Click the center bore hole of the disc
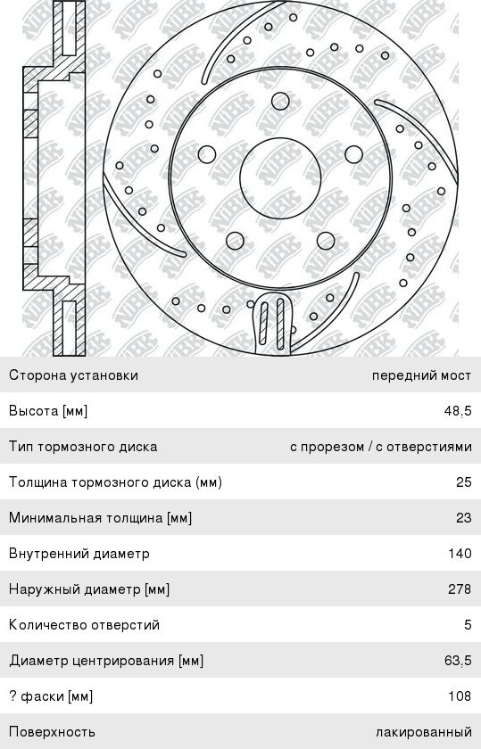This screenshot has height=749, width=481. point(279,178)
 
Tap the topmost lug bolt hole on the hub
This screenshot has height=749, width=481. point(281,102)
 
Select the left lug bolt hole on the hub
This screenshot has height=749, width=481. point(206,154)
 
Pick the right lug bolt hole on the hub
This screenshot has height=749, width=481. point(353,154)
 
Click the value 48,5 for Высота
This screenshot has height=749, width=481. point(458,411)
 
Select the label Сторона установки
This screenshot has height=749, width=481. point(74,375)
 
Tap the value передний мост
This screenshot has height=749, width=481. point(421,375)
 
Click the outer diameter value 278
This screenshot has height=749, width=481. point(460,588)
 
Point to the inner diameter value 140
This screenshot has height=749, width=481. point(460,553)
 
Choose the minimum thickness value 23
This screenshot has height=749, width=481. point(464,517)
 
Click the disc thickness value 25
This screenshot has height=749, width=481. point(464,481)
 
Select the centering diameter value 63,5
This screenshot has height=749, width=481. point(458,660)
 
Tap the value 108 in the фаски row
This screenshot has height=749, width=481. point(460,695)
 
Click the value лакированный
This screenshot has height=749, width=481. point(424,732)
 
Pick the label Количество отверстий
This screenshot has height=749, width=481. point(84,625)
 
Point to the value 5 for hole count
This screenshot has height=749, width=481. point(468,624)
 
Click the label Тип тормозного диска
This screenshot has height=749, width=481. point(83,447)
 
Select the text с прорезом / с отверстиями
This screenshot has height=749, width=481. point(380,447)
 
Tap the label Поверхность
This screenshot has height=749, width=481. point(52,732)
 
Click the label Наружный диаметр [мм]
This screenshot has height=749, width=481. point(89,589)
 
